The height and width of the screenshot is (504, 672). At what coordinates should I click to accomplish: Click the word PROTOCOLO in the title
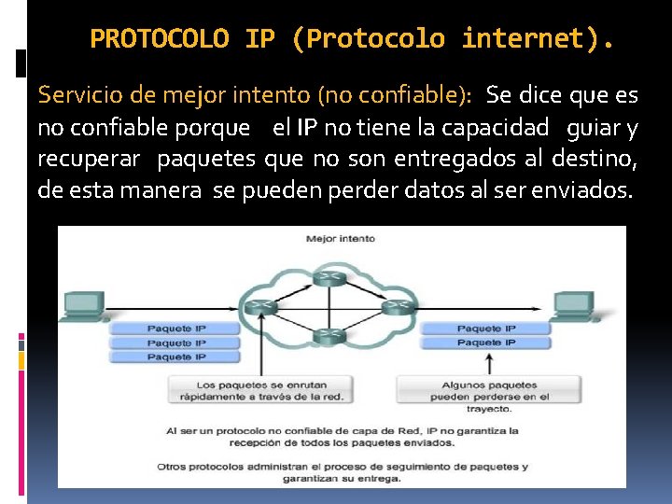click(159, 39)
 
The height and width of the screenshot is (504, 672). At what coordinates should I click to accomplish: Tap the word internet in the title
click(522, 39)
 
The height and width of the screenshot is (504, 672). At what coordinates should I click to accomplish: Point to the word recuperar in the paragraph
click(89, 160)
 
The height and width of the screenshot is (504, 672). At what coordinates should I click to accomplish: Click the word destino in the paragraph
click(592, 160)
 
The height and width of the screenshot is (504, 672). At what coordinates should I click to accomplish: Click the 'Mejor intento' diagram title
click(341, 239)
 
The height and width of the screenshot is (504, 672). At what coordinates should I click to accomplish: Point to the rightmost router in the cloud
click(398, 305)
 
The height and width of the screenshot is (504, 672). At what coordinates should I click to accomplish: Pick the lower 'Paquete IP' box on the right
click(485, 343)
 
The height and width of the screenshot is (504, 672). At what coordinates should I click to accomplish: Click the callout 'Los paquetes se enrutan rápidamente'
click(256, 391)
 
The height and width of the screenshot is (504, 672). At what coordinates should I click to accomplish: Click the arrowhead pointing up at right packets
click(485, 357)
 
